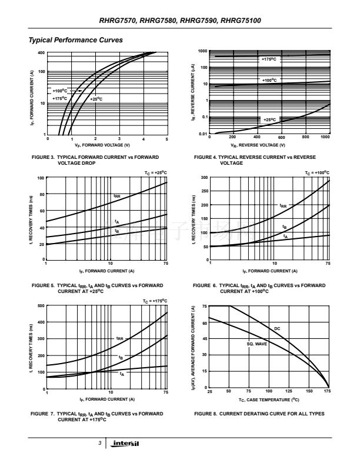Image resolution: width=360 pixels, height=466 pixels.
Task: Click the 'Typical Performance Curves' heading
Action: [x=76, y=40]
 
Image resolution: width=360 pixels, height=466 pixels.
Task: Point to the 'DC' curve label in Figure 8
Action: [x=277, y=328]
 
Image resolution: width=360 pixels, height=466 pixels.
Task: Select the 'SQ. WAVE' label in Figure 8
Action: [x=256, y=344]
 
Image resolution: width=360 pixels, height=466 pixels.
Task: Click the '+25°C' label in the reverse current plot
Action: [x=269, y=119]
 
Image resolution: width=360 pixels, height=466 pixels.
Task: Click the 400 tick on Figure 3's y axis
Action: [x=42, y=53]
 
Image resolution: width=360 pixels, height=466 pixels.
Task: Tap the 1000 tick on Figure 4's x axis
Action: [x=325, y=138]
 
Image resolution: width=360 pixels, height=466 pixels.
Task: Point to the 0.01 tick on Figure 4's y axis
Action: [x=204, y=134]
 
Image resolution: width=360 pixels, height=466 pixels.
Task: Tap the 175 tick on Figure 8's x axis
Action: [x=327, y=391]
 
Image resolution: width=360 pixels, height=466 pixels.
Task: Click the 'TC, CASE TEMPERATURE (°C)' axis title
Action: [x=268, y=399]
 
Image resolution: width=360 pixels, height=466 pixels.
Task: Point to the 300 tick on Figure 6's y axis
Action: [x=204, y=177]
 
